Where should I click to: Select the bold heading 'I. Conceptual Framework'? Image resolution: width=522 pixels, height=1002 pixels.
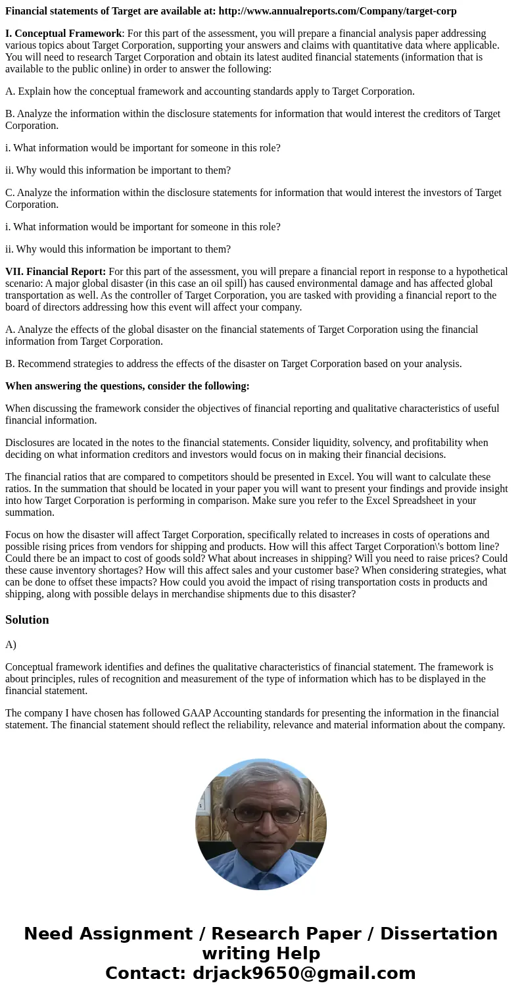[x=63, y=34]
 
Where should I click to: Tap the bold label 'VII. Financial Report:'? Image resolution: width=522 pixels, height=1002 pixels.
[x=55, y=272]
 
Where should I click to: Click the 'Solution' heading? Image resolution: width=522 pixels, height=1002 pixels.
[x=27, y=620]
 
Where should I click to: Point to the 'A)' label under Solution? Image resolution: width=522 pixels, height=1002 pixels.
[x=11, y=645]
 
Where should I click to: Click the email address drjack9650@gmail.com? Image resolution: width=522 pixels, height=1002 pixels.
[x=304, y=974]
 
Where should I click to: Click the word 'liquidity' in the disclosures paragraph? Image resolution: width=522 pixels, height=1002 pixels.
[x=343, y=443]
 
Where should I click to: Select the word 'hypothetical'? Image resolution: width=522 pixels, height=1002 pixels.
[x=478, y=272]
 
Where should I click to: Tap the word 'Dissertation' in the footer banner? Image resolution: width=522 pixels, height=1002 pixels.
[x=439, y=934]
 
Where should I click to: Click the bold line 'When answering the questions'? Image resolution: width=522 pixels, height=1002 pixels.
[x=128, y=386]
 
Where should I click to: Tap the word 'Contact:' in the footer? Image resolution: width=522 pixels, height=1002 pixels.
[x=145, y=974]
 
